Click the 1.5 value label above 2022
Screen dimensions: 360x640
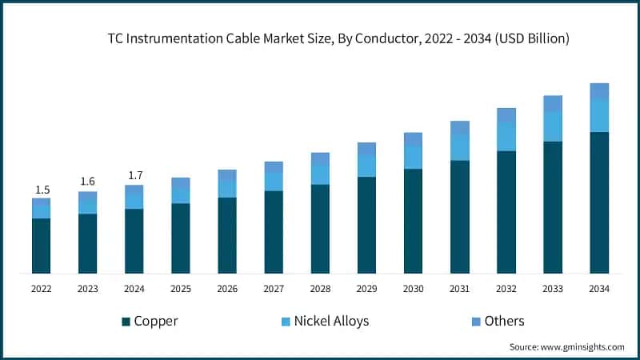click(42, 190)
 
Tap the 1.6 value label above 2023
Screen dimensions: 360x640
click(88, 182)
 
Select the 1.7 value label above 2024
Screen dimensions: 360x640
click(134, 175)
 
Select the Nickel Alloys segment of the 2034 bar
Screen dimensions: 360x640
click(599, 116)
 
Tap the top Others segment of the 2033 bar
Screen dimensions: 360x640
click(553, 103)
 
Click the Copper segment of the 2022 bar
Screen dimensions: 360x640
click(42, 246)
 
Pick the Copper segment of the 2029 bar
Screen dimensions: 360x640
click(366, 225)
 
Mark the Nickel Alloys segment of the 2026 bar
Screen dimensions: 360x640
click(227, 188)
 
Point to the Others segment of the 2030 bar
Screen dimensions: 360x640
click(413, 139)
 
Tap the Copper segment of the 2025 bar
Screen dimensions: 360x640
click(181, 238)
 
